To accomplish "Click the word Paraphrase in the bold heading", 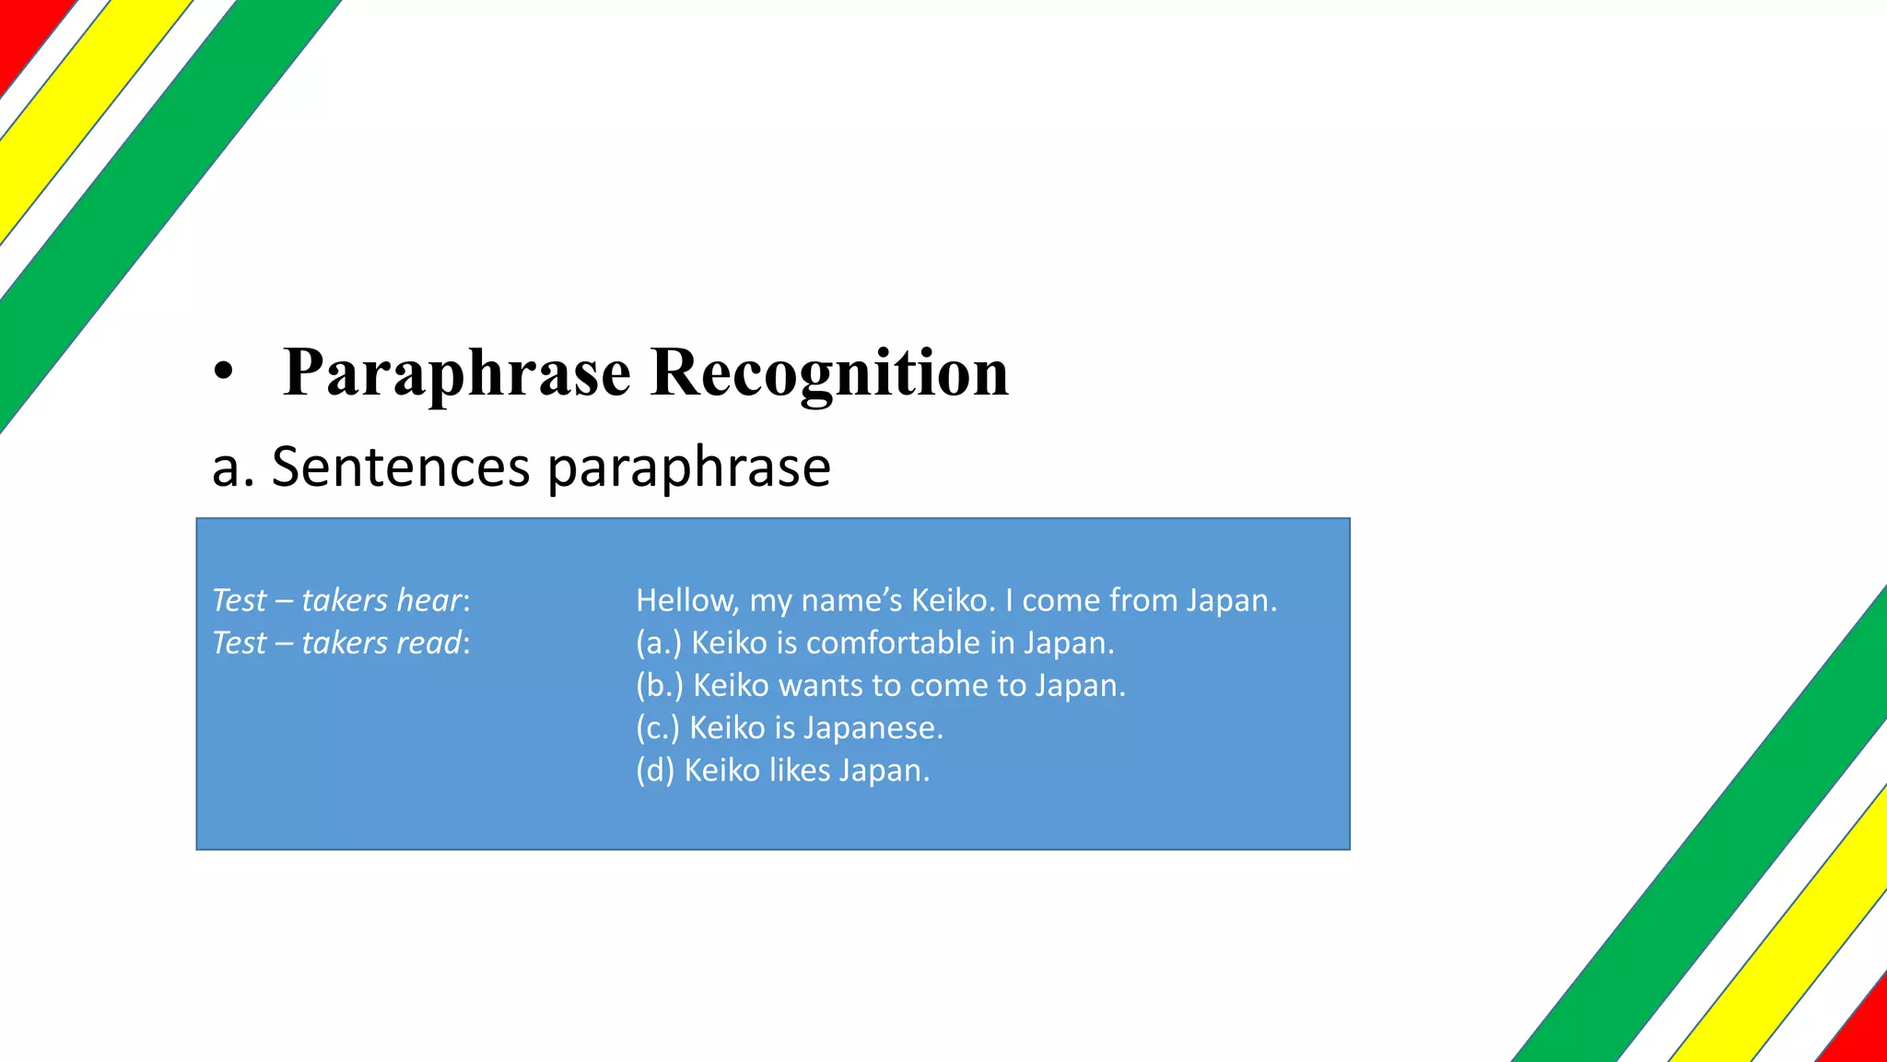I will point(457,373).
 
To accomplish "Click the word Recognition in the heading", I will point(829,373).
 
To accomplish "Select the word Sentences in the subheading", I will point(401,466).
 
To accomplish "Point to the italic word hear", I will point(428,600).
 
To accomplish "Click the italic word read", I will point(428,643).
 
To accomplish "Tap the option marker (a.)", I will point(659,643).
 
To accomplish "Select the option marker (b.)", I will point(660,685).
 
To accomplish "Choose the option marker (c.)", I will point(658,727).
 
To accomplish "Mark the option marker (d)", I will point(655,770).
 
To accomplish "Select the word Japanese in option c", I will point(873,728).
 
